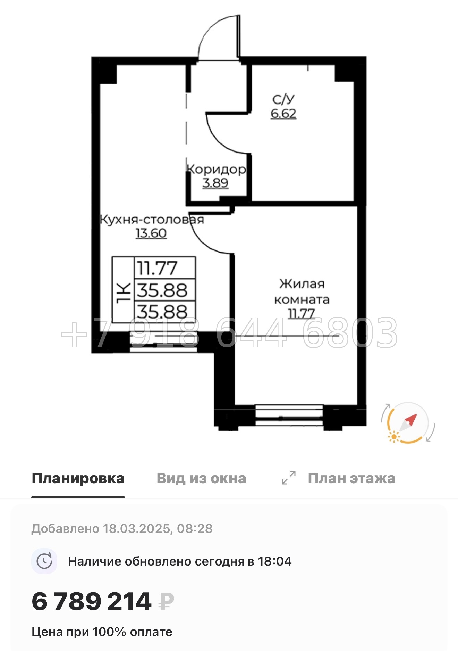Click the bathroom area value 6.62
click(x=283, y=114)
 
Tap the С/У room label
click(x=283, y=99)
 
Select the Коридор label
click(x=217, y=169)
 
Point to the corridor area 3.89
click(x=215, y=183)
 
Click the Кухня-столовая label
click(x=152, y=220)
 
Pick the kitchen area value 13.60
click(x=151, y=233)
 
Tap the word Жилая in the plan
click(x=302, y=284)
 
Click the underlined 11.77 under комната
click(x=302, y=314)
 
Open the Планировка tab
click(x=78, y=478)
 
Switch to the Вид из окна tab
click(x=201, y=478)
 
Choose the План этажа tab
click(x=351, y=478)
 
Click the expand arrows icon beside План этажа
click(x=289, y=478)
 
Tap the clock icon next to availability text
click(x=44, y=561)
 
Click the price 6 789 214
click(x=92, y=602)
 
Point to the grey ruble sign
click(x=166, y=602)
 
